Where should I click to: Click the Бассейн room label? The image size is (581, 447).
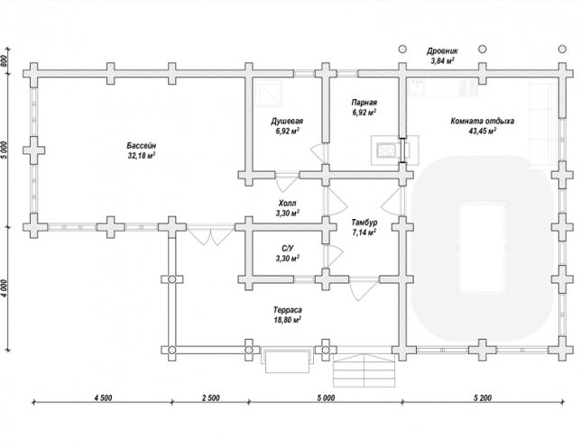142,145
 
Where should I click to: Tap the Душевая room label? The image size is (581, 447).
287,121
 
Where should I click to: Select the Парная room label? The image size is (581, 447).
364,103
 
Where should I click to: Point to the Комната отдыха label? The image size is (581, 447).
482,121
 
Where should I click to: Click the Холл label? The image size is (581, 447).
287,203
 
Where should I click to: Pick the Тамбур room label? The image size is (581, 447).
364,223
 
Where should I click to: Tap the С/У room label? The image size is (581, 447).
287,249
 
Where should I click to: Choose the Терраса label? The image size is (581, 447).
288,310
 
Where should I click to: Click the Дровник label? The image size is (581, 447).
442,51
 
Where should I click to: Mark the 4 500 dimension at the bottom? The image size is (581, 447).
103,397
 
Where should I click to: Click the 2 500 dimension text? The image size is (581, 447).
210,397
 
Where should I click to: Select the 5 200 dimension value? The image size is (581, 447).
483,397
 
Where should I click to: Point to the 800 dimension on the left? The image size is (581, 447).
5,60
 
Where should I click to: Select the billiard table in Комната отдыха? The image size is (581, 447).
483,249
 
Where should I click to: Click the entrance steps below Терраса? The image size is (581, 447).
364,370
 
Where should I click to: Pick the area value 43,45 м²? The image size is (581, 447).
482,131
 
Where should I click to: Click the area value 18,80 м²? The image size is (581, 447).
288,319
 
